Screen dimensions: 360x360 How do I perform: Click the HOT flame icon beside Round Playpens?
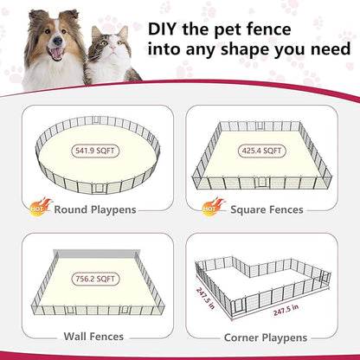(x=41, y=206)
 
